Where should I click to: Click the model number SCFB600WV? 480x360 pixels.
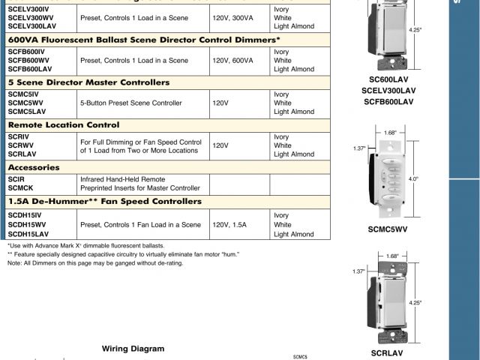click(27, 60)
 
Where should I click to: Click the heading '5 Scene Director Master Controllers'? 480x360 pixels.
click(88, 82)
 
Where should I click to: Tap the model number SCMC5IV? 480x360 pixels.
click(23, 94)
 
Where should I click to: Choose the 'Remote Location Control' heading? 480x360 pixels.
click(64, 124)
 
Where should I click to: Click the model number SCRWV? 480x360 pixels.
click(21, 145)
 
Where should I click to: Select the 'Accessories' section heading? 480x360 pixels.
click(34, 167)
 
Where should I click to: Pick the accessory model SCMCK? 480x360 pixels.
click(22, 188)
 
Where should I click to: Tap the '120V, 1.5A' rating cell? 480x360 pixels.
click(229, 225)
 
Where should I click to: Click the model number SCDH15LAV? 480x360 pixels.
click(29, 234)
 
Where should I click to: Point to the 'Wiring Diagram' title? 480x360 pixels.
click(133, 349)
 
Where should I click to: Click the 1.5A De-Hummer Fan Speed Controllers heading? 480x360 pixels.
click(104, 202)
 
